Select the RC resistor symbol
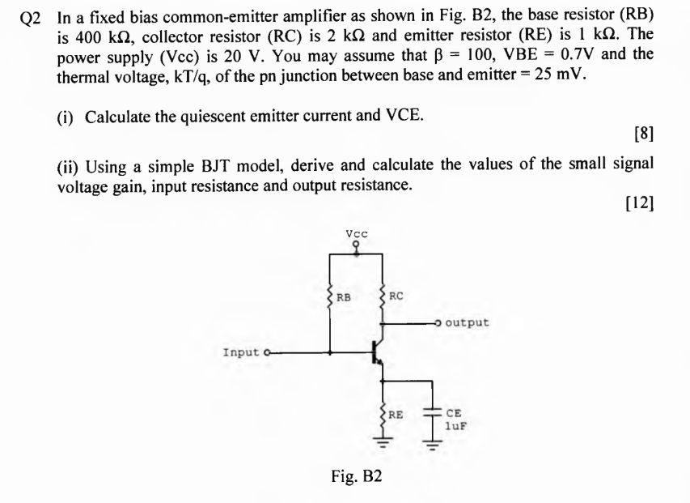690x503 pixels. click(383, 297)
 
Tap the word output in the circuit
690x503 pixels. click(468, 322)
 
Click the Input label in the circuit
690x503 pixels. click(240, 352)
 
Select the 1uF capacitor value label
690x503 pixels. click(458, 422)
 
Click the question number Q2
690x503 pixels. click(29, 21)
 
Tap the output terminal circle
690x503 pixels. click(439, 322)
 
